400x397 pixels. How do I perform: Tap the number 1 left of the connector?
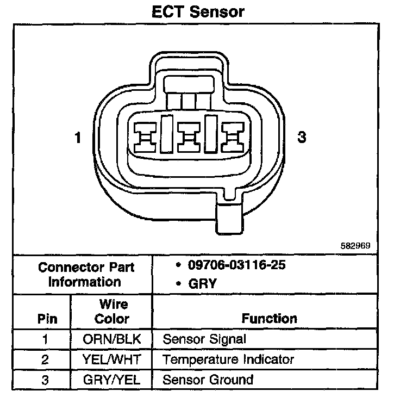pyautogui.click(x=78, y=138)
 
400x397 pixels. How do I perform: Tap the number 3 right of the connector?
pyautogui.click(x=302, y=138)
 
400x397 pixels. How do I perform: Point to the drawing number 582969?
pyautogui.click(x=355, y=245)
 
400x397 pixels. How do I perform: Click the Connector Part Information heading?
pyautogui.click(x=85, y=275)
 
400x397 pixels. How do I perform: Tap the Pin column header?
pyautogui.click(x=46, y=319)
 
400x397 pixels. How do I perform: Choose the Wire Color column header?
pyautogui.click(x=112, y=312)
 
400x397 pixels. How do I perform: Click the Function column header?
pyautogui.click(x=270, y=319)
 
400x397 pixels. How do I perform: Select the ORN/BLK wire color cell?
pyautogui.click(x=112, y=339)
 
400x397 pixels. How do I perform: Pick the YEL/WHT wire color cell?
pyautogui.click(x=112, y=359)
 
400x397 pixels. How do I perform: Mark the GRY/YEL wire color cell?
pyautogui.click(x=112, y=380)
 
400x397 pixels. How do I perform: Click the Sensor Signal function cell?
pyautogui.click(x=205, y=339)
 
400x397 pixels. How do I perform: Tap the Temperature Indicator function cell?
pyautogui.click(x=228, y=359)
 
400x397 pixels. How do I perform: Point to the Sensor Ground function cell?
pyautogui.click(x=208, y=380)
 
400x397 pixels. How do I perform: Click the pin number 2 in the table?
pyautogui.click(x=45, y=359)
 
